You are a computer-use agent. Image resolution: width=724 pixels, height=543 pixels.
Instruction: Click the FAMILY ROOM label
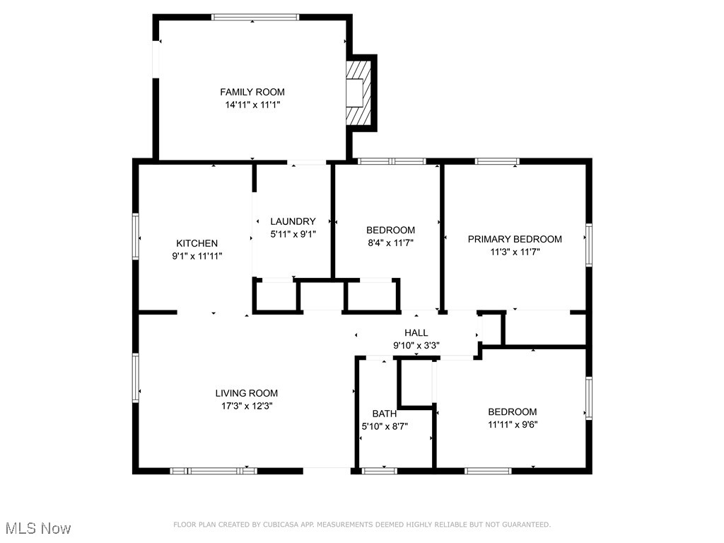[252, 92]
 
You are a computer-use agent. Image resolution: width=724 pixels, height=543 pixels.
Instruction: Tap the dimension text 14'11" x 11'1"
[252, 105]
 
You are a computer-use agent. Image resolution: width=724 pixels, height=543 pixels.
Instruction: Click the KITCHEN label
[197, 243]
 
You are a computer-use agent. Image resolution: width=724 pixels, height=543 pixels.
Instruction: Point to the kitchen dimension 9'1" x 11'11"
[197, 256]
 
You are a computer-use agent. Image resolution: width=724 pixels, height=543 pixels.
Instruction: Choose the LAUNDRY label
[293, 221]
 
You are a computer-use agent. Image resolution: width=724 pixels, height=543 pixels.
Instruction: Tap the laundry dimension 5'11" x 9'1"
[293, 234]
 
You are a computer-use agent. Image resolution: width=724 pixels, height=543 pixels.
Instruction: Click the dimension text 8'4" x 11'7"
[390, 243]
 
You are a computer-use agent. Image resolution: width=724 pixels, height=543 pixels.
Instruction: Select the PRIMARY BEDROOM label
[515, 239]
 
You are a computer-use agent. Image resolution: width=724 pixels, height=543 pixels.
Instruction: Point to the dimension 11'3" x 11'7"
[515, 252]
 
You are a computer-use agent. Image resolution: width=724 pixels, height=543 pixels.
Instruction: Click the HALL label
[416, 333]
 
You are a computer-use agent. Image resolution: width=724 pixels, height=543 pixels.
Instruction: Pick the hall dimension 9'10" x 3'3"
[416, 346]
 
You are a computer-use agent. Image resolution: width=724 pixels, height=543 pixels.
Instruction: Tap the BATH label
[385, 414]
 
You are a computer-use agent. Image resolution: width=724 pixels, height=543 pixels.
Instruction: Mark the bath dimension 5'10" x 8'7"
[385, 426]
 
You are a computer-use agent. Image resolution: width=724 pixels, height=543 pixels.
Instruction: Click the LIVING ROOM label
[246, 393]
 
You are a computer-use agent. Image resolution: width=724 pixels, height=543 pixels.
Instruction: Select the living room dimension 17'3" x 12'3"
[246, 406]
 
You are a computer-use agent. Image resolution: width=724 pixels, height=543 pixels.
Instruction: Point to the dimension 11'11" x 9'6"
[512, 424]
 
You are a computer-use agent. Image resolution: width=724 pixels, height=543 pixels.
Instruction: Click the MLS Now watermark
[38, 528]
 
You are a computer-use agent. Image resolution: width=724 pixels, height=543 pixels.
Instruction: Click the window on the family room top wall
[255, 17]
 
